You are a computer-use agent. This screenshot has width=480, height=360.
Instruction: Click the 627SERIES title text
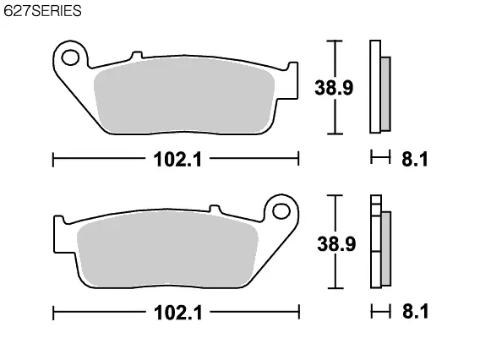coord(42,11)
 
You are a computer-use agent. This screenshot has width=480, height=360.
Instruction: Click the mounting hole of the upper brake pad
coord(70,57)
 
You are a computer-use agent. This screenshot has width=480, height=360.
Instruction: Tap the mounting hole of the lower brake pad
coord(281,211)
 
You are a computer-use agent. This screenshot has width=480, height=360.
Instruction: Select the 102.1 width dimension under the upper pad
coord(177,160)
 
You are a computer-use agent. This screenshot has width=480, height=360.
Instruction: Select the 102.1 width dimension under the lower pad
coord(178,313)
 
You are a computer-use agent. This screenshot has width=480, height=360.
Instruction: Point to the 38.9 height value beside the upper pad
coord(334,88)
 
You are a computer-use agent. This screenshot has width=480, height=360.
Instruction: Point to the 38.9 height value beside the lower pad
coord(336,244)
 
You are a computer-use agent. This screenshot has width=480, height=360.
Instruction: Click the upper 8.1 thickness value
coord(415,159)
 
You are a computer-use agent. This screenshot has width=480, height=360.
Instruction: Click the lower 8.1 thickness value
coord(416,311)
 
